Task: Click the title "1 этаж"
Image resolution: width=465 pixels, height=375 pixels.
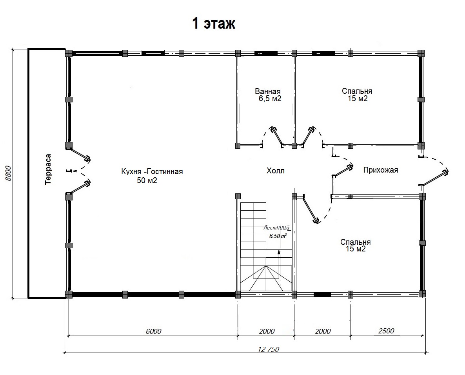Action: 214,23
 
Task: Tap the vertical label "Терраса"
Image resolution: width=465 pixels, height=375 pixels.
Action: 48,169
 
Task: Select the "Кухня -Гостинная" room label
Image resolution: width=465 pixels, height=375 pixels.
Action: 152,171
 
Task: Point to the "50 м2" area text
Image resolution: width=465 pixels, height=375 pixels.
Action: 147,180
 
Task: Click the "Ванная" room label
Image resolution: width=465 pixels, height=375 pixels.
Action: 267,91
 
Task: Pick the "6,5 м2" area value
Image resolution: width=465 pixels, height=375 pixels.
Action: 270,99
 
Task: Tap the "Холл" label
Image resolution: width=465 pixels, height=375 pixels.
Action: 276,171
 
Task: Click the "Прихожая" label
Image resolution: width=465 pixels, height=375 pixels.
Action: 380,170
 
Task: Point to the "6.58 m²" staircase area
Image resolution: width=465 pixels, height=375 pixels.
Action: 278,236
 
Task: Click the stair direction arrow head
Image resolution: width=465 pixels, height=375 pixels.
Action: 279,252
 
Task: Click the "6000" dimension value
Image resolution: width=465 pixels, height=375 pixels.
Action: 154,331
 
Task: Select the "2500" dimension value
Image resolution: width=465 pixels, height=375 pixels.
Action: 386,331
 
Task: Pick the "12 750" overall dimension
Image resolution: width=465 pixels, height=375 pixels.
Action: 269,349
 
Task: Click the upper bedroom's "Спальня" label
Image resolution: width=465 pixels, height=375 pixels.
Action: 357,91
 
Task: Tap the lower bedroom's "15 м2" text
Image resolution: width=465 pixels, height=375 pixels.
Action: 356,249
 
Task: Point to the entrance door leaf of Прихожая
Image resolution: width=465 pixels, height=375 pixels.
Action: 435,178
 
